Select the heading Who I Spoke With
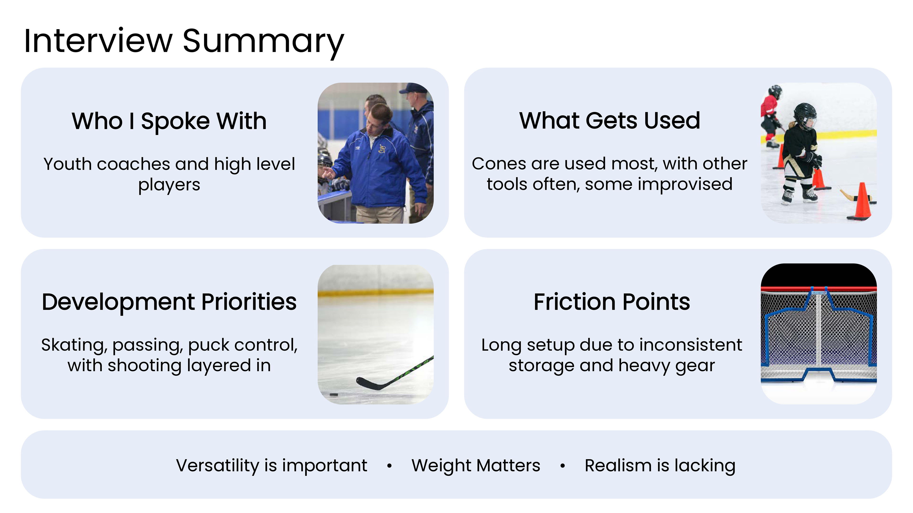tap(169, 121)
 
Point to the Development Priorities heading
tap(169, 302)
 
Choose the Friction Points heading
tap(612, 302)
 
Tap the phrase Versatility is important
tap(272, 465)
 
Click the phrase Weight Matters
tap(476, 465)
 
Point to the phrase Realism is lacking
tap(660, 465)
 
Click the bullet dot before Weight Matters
tap(389, 466)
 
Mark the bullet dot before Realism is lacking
tap(563, 466)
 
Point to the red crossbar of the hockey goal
tap(819, 289)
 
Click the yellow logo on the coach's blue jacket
tap(382, 149)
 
